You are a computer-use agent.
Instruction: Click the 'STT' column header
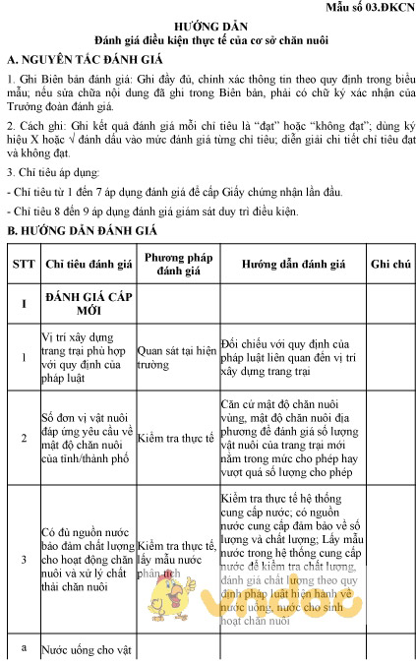pyautogui.click(x=23, y=265)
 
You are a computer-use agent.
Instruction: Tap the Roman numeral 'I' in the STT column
pyautogui.click(x=23, y=303)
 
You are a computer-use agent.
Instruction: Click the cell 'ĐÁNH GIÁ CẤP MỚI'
pyautogui.click(x=82, y=303)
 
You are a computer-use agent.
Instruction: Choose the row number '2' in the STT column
pyautogui.click(x=23, y=439)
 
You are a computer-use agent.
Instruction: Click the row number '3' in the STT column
pyautogui.click(x=23, y=559)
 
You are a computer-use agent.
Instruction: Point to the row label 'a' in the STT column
pyautogui.click(x=23, y=645)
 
